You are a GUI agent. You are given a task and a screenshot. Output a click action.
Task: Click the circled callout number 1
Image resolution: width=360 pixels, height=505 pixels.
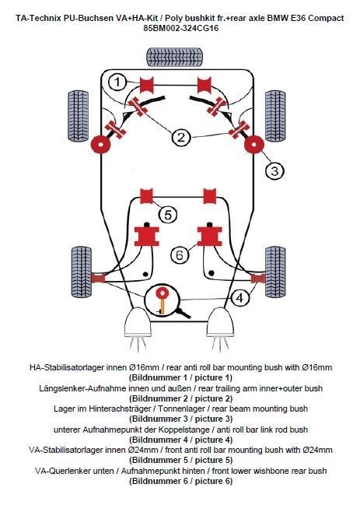click(117, 82)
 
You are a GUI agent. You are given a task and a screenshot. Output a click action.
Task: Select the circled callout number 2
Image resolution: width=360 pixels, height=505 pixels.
click(181, 138)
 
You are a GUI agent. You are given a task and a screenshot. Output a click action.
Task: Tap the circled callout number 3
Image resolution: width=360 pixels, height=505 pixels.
click(274, 170)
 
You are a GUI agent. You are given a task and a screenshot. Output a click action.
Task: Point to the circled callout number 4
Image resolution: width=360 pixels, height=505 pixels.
click(240, 298)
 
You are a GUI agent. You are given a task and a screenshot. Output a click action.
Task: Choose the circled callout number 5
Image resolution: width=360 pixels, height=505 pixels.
click(168, 215)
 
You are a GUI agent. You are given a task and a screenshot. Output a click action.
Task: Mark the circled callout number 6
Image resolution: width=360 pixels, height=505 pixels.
click(179, 255)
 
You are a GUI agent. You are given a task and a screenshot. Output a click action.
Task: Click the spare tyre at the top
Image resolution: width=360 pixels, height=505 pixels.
click(175, 58)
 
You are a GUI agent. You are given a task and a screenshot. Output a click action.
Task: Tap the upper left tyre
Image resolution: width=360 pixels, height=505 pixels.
click(79, 116)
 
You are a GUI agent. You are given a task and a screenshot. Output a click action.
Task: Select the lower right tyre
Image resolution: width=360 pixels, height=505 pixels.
click(275, 272)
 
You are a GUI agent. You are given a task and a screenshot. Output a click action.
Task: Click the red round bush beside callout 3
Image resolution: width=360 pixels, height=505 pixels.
click(254, 145)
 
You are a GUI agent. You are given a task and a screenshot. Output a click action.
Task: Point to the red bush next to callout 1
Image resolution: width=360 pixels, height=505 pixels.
click(147, 85)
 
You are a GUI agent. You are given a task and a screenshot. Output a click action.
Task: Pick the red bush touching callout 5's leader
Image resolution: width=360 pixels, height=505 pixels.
click(146, 196)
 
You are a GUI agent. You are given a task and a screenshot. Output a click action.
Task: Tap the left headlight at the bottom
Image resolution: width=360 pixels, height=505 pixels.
click(138, 322)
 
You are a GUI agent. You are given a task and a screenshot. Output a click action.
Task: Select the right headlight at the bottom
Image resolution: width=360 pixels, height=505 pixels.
click(220, 322)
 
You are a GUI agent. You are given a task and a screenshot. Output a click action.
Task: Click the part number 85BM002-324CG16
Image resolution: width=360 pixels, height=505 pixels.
click(181, 28)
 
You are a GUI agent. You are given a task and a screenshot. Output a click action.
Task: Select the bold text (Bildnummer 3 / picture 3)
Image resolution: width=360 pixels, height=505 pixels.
click(180, 419)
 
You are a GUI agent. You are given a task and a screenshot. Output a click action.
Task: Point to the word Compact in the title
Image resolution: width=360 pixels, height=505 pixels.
click(326, 18)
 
